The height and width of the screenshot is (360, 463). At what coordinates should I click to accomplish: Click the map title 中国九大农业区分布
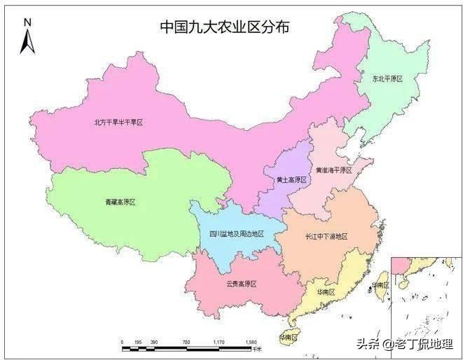tap(224, 27)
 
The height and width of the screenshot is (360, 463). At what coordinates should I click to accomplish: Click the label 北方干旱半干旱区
tap(118, 122)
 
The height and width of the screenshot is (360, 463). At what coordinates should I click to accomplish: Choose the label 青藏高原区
tap(116, 202)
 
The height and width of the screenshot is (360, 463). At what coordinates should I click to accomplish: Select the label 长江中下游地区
tap(326, 237)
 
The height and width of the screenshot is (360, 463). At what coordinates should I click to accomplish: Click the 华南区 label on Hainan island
tap(288, 337)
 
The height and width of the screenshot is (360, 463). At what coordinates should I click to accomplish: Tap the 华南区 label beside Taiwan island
tap(382, 285)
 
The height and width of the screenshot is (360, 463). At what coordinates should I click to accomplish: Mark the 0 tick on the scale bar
tap(122, 342)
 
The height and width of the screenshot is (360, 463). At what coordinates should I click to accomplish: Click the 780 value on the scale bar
tap(186, 342)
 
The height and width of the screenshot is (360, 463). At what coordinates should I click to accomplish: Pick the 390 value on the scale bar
tap(153, 342)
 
